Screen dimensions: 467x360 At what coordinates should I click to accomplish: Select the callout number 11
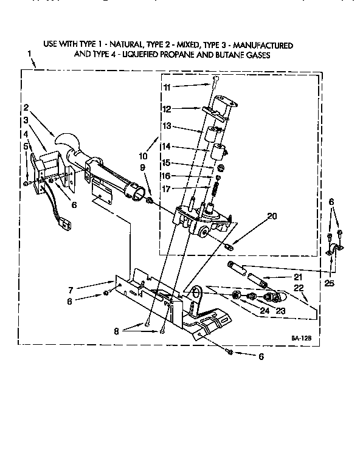coord(166,88)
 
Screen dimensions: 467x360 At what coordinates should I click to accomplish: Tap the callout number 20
coord(272,216)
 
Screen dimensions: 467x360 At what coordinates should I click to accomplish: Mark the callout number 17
coord(167,189)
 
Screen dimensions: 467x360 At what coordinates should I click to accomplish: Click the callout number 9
coord(142,168)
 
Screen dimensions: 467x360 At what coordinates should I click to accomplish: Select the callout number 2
coord(26,108)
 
